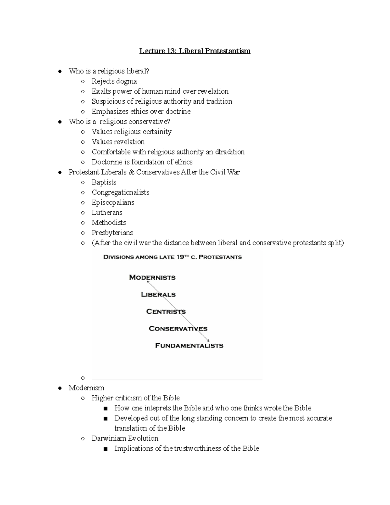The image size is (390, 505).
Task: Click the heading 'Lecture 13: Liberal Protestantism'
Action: click(195, 51)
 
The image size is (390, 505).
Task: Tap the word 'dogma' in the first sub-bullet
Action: click(126, 81)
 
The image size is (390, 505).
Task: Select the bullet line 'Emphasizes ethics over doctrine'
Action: click(141, 112)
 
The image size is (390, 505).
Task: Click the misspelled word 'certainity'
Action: click(157, 132)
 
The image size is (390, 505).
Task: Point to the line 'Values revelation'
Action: click(118, 142)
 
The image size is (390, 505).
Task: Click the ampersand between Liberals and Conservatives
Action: click(131, 172)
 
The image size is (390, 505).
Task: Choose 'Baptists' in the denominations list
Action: click(104, 182)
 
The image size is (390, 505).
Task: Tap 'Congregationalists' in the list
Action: click(120, 192)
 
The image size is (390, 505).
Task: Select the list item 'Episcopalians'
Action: click(113, 202)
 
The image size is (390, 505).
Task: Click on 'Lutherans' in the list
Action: click(107, 212)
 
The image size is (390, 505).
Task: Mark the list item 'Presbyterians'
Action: click(112, 233)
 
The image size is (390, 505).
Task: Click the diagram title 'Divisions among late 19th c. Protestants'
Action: click(172, 257)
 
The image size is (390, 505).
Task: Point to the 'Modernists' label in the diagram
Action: click(152, 277)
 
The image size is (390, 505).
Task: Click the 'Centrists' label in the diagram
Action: click(166, 312)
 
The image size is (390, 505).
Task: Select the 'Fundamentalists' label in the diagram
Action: click(189, 345)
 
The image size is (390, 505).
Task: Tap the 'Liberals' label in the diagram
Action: click(158, 295)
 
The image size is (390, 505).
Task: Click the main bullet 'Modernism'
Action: click(86, 388)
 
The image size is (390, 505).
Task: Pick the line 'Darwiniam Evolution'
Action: click(125, 438)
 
